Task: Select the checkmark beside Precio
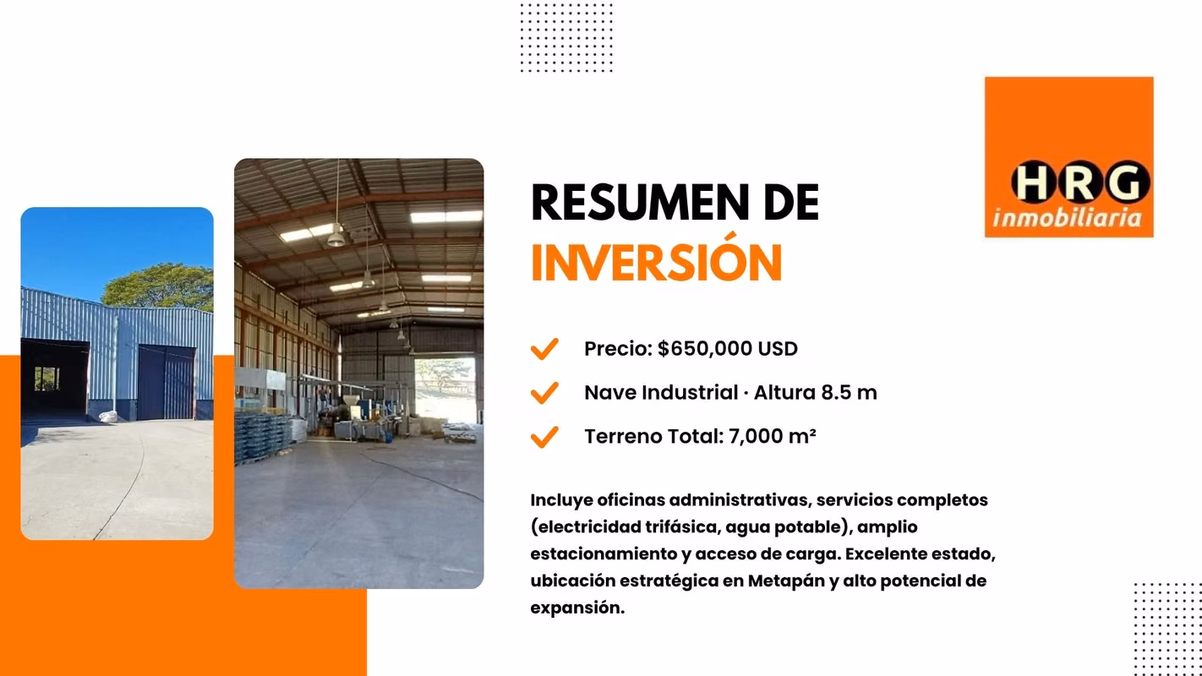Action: coord(544,349)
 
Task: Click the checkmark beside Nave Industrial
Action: coord(544,393)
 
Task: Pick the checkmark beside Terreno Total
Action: coord(544,437)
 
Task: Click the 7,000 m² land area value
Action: coord(773,437)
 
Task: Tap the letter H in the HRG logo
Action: coord(1033,183)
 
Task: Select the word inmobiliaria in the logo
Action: coord(1067,218)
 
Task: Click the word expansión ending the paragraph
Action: coord(577,608)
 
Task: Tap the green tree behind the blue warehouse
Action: coord(159,287)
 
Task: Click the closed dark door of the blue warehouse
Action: coord(166,383)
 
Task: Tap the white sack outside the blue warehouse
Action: coord(108,416)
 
